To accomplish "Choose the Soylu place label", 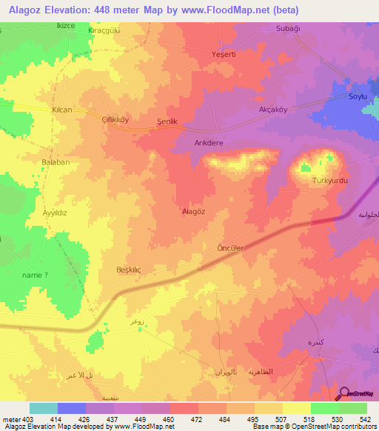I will (x=358, y=96).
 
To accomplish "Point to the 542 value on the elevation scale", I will (x=365, y=418).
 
